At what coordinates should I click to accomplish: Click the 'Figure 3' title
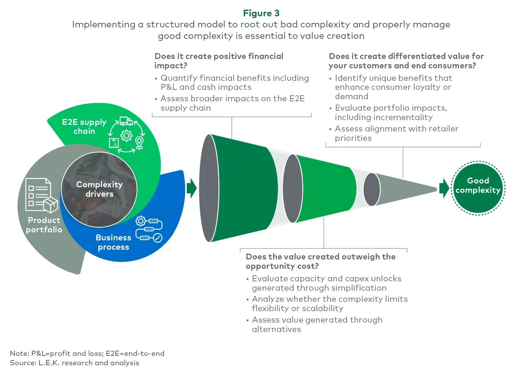click(x=261, y=13)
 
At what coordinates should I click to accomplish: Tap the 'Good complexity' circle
click(x=477, y=188)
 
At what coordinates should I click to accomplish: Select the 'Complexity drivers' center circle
click(x=99, y=189)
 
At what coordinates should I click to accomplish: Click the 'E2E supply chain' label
click(x=84, y=127)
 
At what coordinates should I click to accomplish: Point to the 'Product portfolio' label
click(x=44, y=225)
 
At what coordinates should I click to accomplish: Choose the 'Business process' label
click(x=113, y=242)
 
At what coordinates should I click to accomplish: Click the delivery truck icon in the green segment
click(x=126, y=121)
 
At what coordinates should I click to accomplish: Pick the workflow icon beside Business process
click(x=149, y=229)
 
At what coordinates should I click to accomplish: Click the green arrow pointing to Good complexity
click(x=444, y=188)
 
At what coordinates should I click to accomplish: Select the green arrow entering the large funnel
click(x=192, y=188)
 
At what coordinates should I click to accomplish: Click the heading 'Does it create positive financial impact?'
click(x=219, y=61)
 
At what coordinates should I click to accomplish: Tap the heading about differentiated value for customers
click(x=406, y=61)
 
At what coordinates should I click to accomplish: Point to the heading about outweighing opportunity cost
click(x=320, y=261)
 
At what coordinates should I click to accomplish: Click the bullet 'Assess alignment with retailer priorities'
click(x=396, y=133)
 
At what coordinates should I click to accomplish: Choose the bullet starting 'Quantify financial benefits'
click(x=234, y=82)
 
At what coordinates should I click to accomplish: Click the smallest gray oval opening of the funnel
click(x=371, y=189)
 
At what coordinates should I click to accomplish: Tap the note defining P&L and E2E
click(x=87, y=354)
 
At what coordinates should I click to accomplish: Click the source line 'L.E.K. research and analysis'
click(x=75, y=363)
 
